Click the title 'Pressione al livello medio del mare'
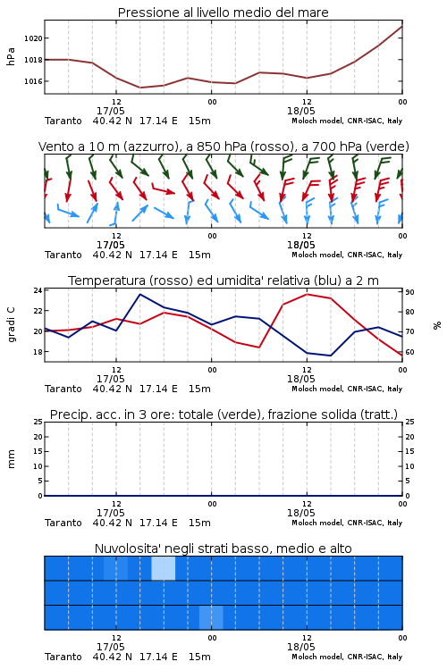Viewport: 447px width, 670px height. [x=223, y=13]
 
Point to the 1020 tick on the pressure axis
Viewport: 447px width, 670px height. [x=33, y=38]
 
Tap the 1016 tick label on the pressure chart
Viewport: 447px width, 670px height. [x=33, y=81]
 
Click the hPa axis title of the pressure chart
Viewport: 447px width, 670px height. [x=11, y=56]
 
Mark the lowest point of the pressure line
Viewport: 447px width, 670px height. [x=139, y=88]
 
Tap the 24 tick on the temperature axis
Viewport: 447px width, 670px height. [x=38, y=290]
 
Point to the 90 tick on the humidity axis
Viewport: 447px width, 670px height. [x=409, y=292]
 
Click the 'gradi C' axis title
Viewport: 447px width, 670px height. [x=11, y=324]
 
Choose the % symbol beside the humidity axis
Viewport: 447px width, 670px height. [x=437, y=325]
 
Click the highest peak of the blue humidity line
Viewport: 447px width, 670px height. [x=139, y=294]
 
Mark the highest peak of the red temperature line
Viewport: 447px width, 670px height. [x=307, y=294]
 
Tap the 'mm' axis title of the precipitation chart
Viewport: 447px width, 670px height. [x=11, y=459]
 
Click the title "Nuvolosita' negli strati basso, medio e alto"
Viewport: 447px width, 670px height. [x=223, y=549]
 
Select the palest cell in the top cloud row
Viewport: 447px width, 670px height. [x=164, y=568]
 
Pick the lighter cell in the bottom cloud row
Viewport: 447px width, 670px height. [x=211, y=617]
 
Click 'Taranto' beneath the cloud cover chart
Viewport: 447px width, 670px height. [x=63, y=657]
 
